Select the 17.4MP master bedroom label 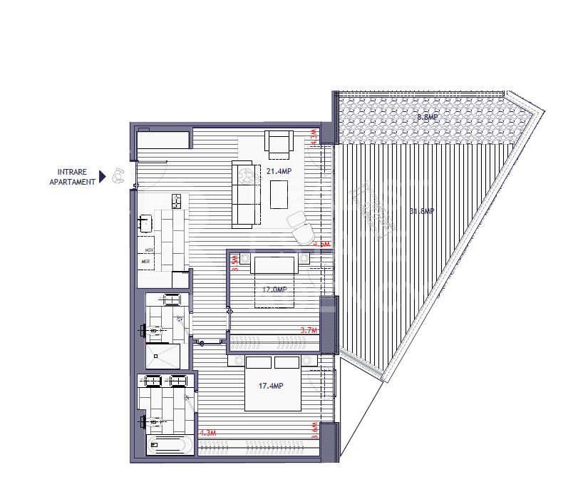click(272, 386)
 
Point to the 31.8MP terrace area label click(422, 211)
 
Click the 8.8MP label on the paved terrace click(427, 117)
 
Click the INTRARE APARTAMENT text click(72, 177)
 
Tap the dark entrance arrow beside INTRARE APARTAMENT click(103, 176)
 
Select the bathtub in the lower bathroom click(167, 447)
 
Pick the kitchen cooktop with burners click(176, 201)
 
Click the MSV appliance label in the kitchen click(150, 250)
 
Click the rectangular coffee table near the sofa click(279, 194)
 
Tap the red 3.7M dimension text click(308, 330)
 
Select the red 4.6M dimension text click(322, 244)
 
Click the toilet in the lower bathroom click(148, 422)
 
